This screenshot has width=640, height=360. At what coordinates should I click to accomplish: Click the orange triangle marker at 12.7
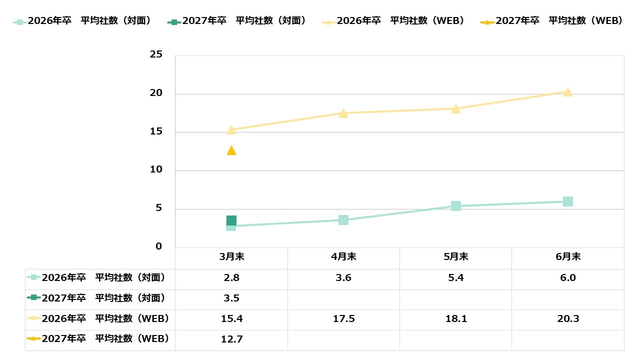[x=231, y=150]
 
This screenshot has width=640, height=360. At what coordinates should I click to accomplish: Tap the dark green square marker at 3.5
[x=231, y=220]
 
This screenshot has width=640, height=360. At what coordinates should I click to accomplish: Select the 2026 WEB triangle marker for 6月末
[x=568, y=91]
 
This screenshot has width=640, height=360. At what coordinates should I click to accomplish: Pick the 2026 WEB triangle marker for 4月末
[x=343, y=113]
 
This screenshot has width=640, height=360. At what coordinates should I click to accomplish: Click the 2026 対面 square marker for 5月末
[x=456, y=206]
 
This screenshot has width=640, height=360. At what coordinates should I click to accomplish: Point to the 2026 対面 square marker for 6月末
[x=568, y=201]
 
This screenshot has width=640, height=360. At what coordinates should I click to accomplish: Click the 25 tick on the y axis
[x=156, y=54]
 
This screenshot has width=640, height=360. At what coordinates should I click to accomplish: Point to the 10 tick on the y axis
[x=156, y=169]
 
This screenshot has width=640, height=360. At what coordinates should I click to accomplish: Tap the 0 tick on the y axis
[x=159, y=246]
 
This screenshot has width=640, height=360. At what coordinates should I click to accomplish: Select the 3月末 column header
[x=231, y=257]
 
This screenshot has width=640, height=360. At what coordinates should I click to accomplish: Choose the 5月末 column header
[x=456, y=257]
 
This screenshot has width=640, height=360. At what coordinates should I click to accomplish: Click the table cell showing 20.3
[x=568, y=319]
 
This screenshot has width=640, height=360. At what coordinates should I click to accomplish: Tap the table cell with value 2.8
[x=231, y=278]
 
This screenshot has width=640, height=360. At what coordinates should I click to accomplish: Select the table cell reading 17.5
[x=343, y=319]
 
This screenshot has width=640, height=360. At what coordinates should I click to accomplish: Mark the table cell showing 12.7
[x=231, y=339]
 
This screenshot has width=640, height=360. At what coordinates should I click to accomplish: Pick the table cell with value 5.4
[x=456, y=278]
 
